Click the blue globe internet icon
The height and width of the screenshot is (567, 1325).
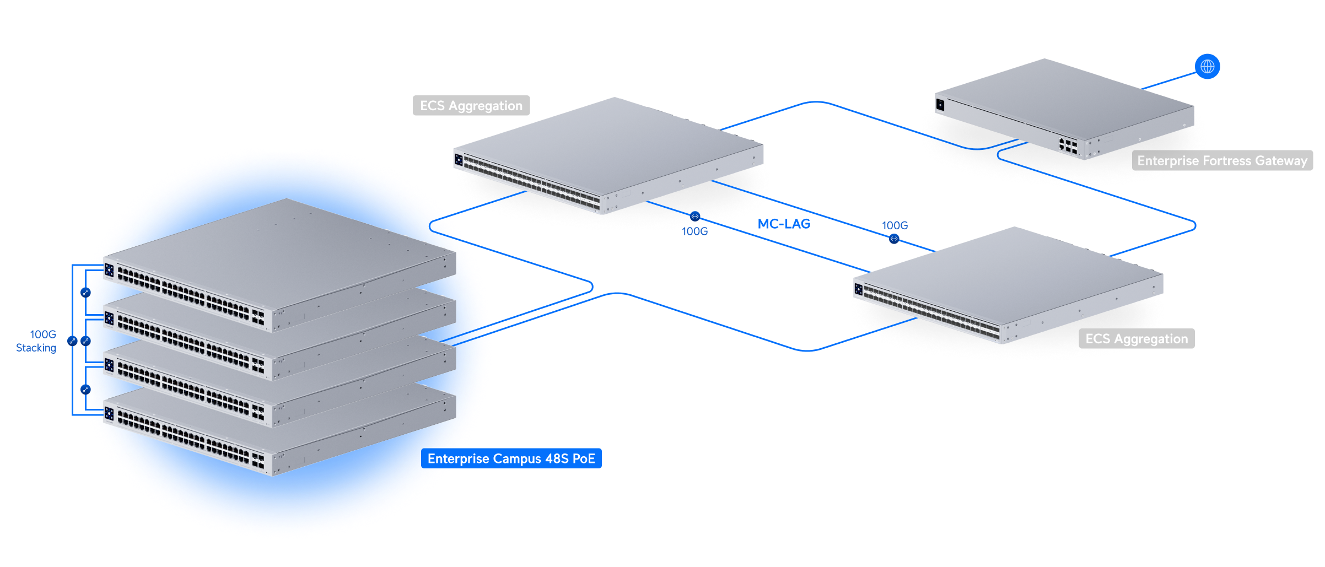click(1207, 67)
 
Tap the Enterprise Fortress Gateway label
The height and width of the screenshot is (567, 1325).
click(1222, 160)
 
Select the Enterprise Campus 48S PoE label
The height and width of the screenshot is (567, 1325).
click(511, 458)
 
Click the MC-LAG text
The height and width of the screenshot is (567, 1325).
click(784, 224)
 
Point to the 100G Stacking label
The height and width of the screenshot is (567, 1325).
click(36, 341)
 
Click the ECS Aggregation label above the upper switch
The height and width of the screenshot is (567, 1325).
click(471, 105)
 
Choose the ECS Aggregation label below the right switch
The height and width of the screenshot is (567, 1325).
click(1137, 338)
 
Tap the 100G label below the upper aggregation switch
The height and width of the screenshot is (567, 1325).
click(694, 231)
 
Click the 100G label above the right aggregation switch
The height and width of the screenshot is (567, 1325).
click(895, 225)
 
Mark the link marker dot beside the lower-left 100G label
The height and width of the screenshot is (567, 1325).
click(695, 216)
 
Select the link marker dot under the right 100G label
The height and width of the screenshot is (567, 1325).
click(894, 239)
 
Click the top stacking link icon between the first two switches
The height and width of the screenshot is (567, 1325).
click(85, 293)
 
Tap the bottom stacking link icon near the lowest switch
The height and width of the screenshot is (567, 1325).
click(85, 390)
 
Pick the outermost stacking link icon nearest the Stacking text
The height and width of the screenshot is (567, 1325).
click(72, 341)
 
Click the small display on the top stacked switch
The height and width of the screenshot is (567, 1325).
click(109, 270)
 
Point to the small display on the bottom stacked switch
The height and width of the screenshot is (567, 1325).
click(109, 413)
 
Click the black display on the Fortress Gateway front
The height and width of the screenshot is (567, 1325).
click(940, 104)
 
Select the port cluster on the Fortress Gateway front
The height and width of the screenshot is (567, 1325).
click(1068, 145)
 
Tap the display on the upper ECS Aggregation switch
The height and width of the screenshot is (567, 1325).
click(459, 160)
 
